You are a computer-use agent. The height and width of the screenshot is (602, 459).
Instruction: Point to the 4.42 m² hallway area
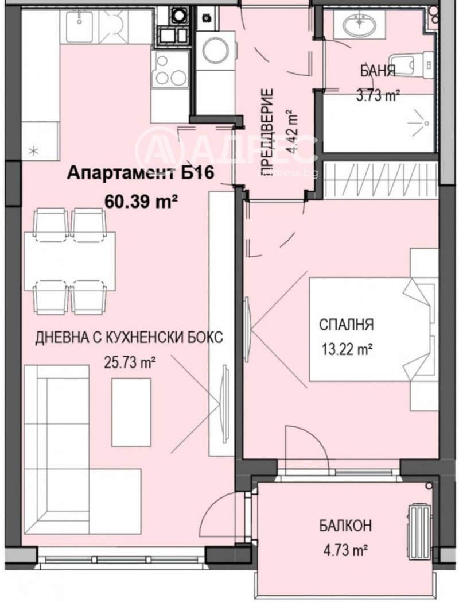290,132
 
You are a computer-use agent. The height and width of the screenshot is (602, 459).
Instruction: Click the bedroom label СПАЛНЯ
347,325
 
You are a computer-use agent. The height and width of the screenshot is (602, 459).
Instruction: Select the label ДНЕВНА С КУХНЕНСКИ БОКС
129,338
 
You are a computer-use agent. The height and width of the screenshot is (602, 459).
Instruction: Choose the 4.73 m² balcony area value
343,550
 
